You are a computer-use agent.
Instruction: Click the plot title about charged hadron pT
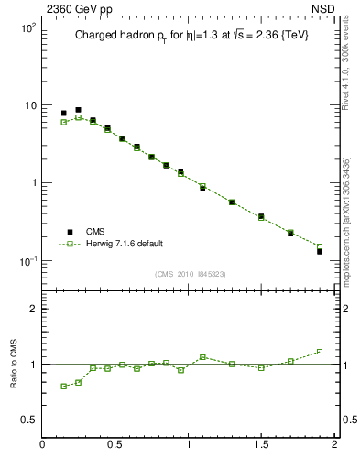pyautogui.click(x=191, y=36)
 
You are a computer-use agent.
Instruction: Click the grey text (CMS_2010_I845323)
pyautogui.click(x=189, y=273)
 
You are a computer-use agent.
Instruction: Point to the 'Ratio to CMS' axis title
pyautogui.click(x=15, y=364)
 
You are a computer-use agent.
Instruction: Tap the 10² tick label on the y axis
pyautogui.click(x=27, y=27)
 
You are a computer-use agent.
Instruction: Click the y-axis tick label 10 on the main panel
pyautogui.click(x=29, y=105)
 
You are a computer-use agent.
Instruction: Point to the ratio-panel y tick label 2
pyautogui.click(x=33, y=309)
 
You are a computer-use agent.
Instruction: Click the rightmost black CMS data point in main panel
pyautogui.click(x=320, y=251)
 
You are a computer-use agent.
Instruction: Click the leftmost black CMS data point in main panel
pyautogui.click(x=63, y=114)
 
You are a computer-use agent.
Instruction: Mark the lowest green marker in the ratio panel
pyautogui.click(x=63, y=386)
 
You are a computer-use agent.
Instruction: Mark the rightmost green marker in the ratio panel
pyautogui.click(x=320, y=351)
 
